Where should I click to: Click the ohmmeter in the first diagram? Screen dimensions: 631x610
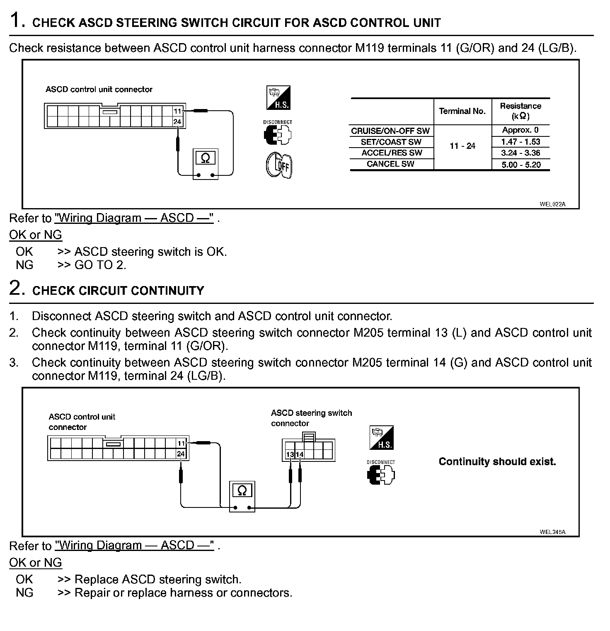click(x=205, y=164)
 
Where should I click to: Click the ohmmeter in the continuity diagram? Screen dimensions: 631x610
click(x=242, y=496)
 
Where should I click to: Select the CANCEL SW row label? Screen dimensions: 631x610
click(x=390, y=164)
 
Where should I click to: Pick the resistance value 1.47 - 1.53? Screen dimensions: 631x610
click(x=520, y=142)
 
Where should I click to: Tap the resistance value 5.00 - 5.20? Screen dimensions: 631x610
click(x=520, y=165)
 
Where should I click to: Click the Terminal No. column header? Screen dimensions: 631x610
click(x=462, y=111)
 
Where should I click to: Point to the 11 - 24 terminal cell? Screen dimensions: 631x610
click(x=462, y=146)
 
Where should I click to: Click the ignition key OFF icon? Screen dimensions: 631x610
click(x=279, y=165)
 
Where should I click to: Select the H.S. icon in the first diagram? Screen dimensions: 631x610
click(x=278, y=98)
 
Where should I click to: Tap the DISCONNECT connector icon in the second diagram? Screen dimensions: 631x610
click(x=381, y=475)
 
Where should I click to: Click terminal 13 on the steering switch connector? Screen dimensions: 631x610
click(x=290, y=454)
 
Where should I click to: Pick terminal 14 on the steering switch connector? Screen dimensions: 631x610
click(x=299, y=454)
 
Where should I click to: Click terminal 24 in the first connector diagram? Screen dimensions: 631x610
click(x=177, y=121)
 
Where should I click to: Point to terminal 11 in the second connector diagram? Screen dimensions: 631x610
click(x=181, y=444)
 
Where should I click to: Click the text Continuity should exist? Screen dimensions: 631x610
click(x=497, y=461)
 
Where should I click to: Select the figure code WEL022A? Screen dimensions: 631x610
click(x=552, y=204)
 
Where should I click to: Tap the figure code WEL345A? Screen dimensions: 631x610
click(x=552, y=532)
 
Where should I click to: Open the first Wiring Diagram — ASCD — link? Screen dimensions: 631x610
click(x=134, y=218)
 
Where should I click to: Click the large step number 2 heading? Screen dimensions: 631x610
click(x=15, y=288)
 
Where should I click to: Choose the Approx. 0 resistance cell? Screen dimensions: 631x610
click(x=520, y=130)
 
